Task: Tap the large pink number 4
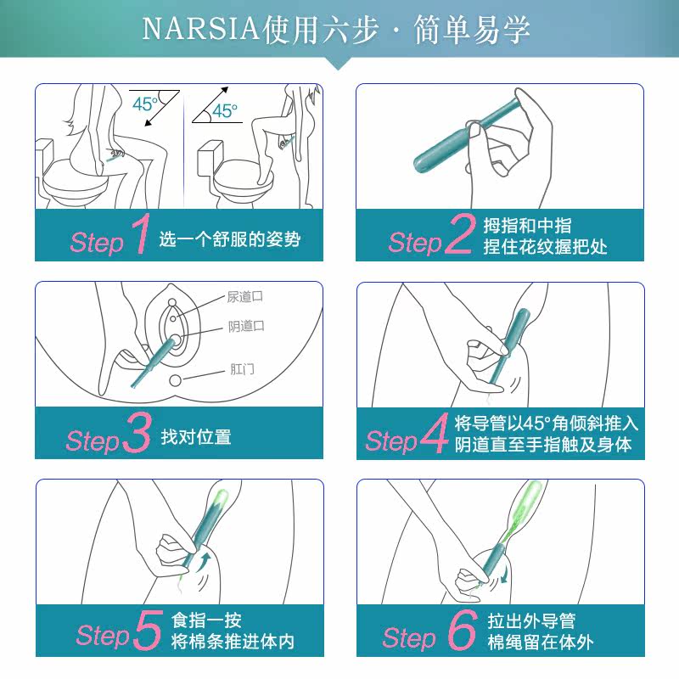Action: (434, 435)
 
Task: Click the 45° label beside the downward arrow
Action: (145, 104)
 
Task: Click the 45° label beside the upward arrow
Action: (225, 110)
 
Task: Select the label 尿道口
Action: (245, 297)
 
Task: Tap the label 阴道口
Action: (246, 327)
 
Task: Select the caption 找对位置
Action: (196, 437)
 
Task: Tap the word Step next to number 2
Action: (415, 243)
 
